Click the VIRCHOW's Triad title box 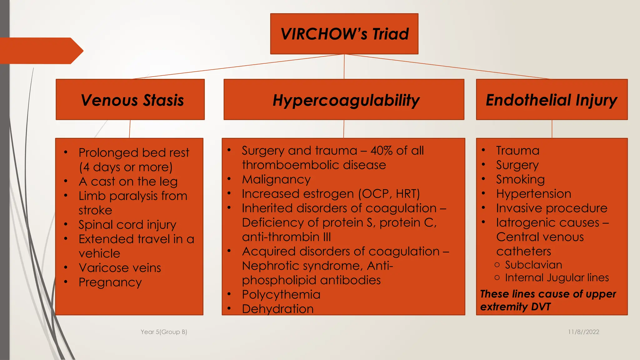pyautogui.click(x=344, y=34)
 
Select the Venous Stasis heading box pyautogui.click(x=130, y=100)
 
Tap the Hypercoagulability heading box pyautogui.click(x=344, y=100)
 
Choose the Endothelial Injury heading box pyautogui.click(x=552, y=100)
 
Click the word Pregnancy pyautogui.click(x=110, y=282)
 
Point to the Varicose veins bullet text pyautogui.click(x=120, y=268)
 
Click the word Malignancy pyautogui.click(x=276, y=179)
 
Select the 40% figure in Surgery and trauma pyautogui.click(x=381, y=151)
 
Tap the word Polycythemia pyautogui.click(x=281, y=295)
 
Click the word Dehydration pyautogui.click(x=277, y=309)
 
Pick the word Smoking pyautogui.click(x=520, y=179)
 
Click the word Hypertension pyautogui.click(x=533, y=194)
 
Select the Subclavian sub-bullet pyautogui.click(x=533, y=265)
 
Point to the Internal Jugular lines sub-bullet pyautogui.click(x=557, y=277)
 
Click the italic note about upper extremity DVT pyautogui.click(x=547, y=300)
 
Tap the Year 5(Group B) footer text pyautogui.click(x=164, y=332)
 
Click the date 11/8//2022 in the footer pyautogui.click(x=583, y=332)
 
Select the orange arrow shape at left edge pyautogui.click(x=41, y=51)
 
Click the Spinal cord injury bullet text pyautogui.click(x=127, y=225)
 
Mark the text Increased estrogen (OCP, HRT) pyautogui.click(x=331, y=194)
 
